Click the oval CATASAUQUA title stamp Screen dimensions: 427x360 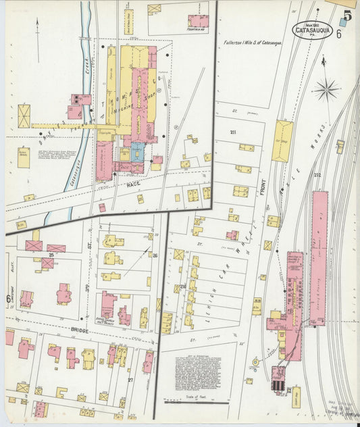click(312, 30)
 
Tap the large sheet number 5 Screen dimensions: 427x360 click(347, 15)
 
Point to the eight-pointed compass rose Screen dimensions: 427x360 click(326, 87)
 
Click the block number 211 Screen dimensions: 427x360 click(233, 132)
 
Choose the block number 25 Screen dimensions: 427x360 click(51, 255)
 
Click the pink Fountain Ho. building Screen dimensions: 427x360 click(198, 20)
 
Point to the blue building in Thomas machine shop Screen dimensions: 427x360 click(137, 150)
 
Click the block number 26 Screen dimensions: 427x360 click(155, 255)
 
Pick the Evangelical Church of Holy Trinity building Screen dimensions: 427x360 click(107, 305)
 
